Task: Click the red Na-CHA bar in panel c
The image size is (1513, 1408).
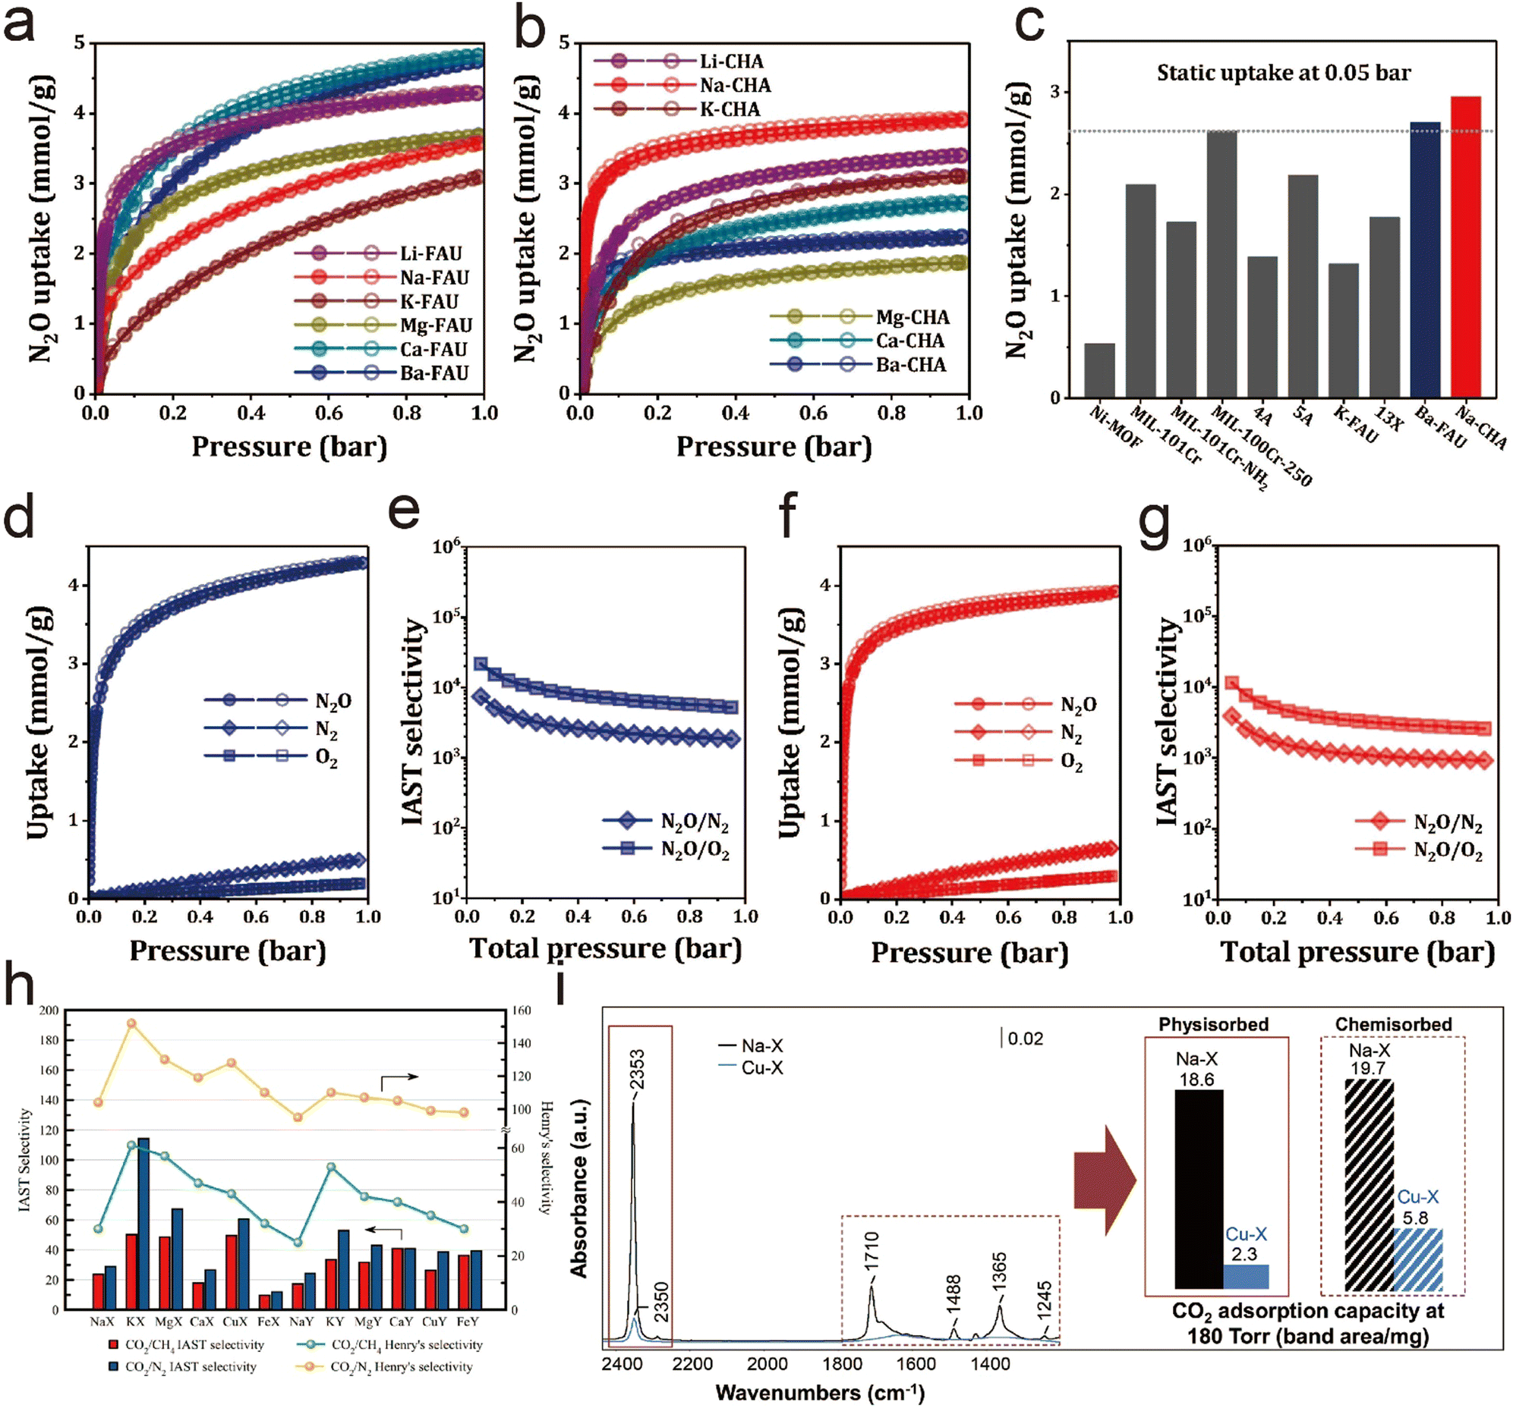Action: tap(1465, 247)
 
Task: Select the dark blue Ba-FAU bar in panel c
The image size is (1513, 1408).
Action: tap(1424, 260)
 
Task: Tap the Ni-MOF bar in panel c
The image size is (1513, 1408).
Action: tap(1099, 370)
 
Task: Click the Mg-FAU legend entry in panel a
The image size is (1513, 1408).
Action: tap(436, 325)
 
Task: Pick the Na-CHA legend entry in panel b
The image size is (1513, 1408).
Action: tap(735, 85)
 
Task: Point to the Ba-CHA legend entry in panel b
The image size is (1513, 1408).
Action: tap(910, 365)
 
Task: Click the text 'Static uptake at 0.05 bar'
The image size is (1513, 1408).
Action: tap(1283, 73)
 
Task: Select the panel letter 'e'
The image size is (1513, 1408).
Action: tap(404, 508)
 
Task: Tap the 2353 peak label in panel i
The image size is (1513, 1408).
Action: tap(637, 1070)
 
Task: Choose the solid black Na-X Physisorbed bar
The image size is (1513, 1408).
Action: tap(1199, 1189)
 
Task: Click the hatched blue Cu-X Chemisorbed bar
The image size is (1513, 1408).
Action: tap(1418, 1259)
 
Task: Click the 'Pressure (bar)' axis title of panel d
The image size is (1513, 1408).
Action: tap(228, 951)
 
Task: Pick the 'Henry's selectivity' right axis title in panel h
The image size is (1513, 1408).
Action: tap(546, 1157)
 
